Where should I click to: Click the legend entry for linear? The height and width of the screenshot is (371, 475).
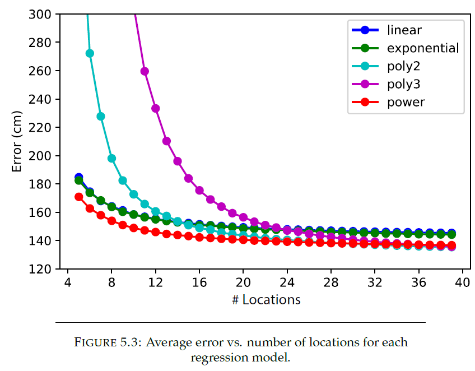(x=403, y=30)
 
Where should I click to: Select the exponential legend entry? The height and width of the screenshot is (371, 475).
(x=422, y=48)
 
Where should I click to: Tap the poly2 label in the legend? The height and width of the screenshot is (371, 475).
(x=403, y=66)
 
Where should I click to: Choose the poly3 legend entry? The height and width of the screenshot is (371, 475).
(x=403, y=84)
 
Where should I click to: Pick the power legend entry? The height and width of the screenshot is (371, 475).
(x=406, y=102)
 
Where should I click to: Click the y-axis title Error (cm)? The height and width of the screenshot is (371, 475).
(x=17, y=141)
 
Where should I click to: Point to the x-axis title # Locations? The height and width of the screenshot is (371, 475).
(x=266, y=300)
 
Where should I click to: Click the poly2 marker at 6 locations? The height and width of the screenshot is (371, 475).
(x=90, y=53)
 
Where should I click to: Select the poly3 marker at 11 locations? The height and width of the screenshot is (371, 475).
(x=145, y=71)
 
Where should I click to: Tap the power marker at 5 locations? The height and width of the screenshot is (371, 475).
(x=79, y=197)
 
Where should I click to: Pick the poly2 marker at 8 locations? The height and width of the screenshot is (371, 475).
(x=111, y=158)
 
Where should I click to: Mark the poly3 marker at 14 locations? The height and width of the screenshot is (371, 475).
(x=178, y=161)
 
